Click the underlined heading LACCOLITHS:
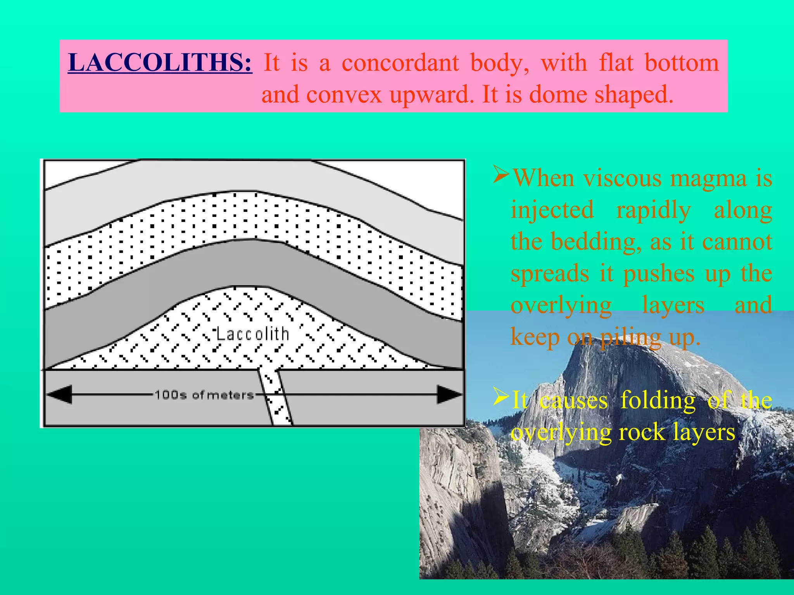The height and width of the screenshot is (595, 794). tap(160, 63)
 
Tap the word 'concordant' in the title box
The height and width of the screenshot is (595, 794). tap(400, 63)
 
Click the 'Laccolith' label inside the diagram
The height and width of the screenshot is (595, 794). tap(252, 334)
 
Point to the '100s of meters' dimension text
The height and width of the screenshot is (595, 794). tap(204, 395)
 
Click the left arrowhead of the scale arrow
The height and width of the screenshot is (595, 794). tap(60, 394)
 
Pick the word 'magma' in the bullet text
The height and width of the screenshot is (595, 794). tap(708, 179)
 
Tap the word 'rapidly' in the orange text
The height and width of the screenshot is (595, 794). tap(653, 210)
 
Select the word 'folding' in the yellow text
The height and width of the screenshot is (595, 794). tap(658, 400)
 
